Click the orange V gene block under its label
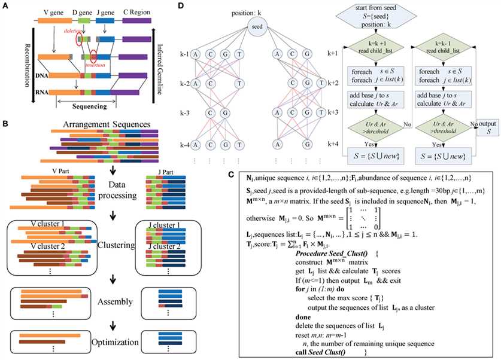click(53, 20)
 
